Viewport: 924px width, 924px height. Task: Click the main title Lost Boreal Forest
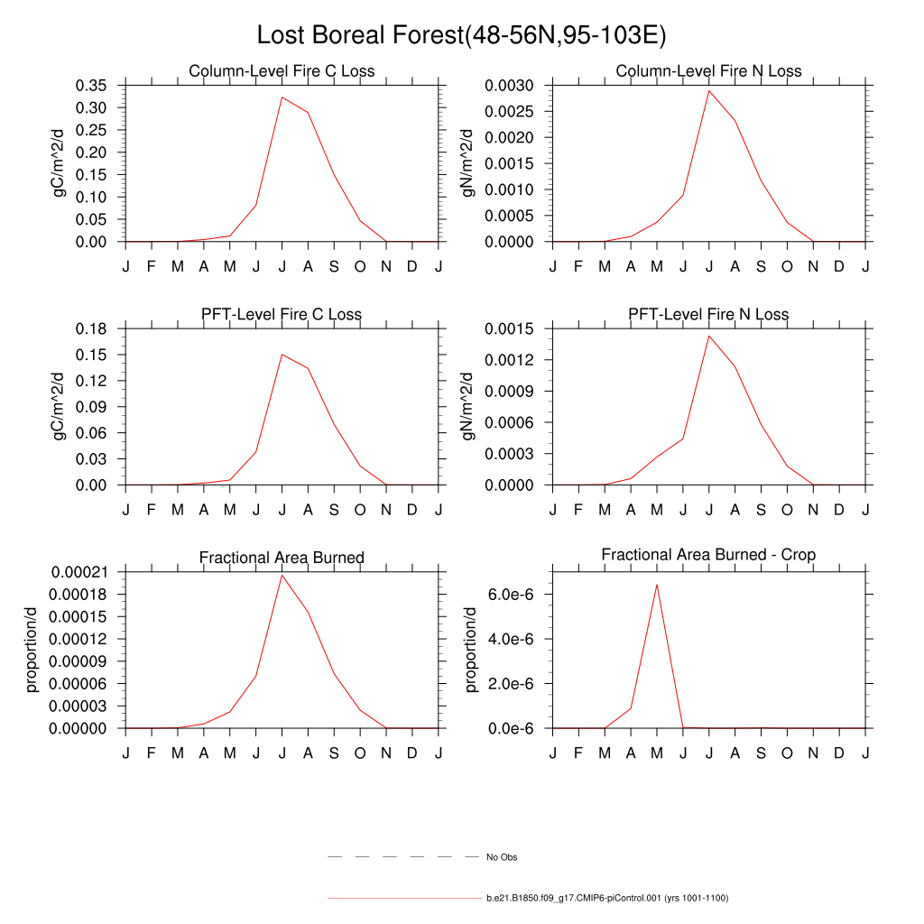click(x=461, y=35)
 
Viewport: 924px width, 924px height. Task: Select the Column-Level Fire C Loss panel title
click(x=282, y=71)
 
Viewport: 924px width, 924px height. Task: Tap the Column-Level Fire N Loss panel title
click(x=708, y=71)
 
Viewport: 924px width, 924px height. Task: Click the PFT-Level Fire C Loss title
click(x=282, y=315)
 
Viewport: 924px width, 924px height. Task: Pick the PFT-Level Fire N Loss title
click(x=708, y=315)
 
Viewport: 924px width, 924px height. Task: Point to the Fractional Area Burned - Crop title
click(x=708, y=555)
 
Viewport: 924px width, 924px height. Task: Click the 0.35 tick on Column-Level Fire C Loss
click(x=90, y=86)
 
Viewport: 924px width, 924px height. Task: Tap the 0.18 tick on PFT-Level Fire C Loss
click(x=90, y=328)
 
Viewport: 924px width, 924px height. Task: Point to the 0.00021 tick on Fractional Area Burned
click(x=79, y=572)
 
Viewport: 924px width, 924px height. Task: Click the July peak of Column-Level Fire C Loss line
click(x=282, y=97)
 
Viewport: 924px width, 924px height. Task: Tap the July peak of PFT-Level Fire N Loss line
click(x=709, y=336)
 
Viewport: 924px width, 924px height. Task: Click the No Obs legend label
click(x=502, y=857)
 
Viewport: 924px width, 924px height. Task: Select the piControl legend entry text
click(x=606, y=899)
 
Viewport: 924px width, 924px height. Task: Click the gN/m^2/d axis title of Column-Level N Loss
click(x=467, y=163)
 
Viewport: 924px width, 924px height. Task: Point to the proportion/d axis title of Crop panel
click(x=470, y=650)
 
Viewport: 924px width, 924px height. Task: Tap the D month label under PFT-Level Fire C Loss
click(x=412, y=511)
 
